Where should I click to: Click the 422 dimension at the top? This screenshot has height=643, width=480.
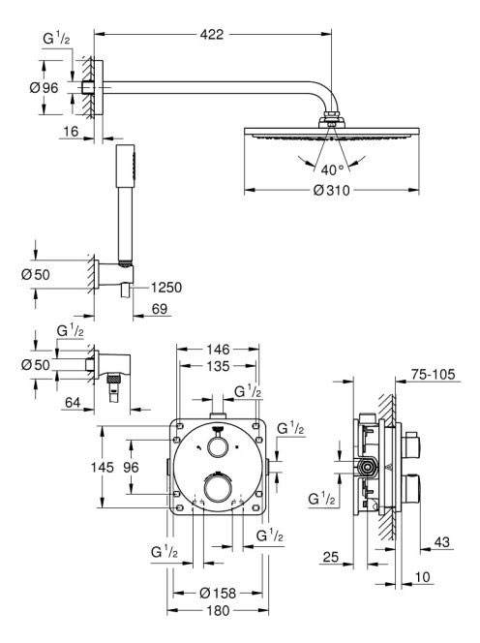212,35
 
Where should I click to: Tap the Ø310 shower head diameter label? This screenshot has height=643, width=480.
332,190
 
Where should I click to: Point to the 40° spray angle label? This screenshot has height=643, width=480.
333,169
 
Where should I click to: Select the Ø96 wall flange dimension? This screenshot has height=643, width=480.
45,87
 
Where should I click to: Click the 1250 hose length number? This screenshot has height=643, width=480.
166,288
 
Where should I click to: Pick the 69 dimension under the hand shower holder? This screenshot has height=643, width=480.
160,309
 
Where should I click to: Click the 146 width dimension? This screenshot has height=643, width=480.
218,350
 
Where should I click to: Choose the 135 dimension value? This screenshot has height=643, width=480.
218,366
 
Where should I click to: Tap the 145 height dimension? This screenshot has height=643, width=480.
103,467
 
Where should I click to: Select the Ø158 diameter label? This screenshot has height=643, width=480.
218,593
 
